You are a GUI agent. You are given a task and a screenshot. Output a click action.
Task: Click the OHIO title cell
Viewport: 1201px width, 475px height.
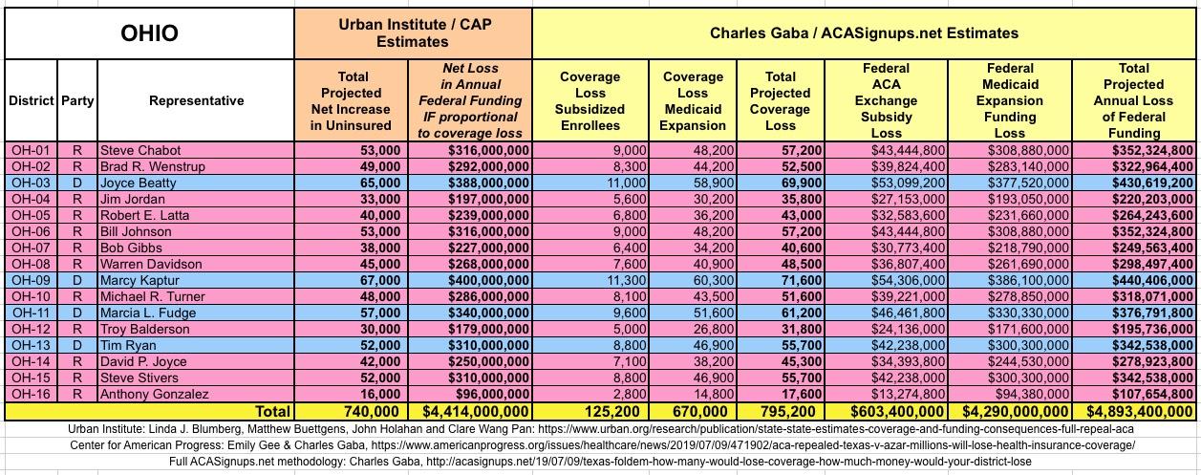tap(149, 33)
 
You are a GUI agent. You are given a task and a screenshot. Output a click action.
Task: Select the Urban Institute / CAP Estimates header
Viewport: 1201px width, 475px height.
tap(413, 33)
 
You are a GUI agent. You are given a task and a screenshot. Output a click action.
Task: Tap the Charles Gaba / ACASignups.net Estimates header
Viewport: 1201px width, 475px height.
tap(864, 33)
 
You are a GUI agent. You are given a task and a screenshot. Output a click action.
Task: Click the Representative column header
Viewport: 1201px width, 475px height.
tap(196, 100)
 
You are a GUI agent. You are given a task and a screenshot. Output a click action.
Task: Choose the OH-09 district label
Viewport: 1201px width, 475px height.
tap(31, 281)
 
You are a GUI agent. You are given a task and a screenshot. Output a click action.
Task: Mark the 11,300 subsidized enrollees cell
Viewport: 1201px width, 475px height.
tap(624, 281)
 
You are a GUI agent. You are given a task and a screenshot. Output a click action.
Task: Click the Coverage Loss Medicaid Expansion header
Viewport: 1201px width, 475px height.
tap(693, 100)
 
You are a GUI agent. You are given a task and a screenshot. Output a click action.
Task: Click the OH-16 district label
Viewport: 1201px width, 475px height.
tap(31, 395)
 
